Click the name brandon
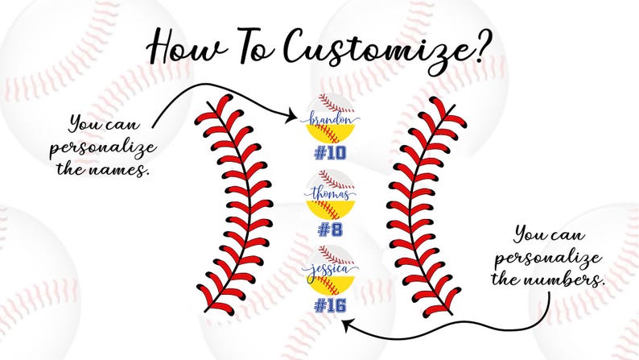pos(330,119)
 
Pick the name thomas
pos(330,193)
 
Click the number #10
pos(330,153)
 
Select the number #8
pos(330,230)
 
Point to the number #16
pos(330,306)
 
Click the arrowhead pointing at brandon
pos(292,116)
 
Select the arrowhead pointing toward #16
pos(346,325)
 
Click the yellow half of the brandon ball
pos(330,134)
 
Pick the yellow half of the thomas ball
pos(330,209)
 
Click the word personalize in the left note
pos(103,149)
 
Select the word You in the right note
pos(527,234)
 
